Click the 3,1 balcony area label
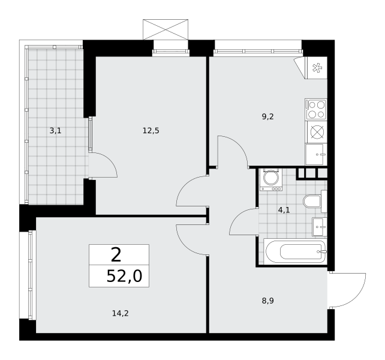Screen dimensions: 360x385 pyautogui.click(x=55, y=130)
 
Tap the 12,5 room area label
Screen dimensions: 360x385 pyautogui.click(x=151, y=130)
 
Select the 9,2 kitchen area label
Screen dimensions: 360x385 pyautogui.click(x=267, y=117)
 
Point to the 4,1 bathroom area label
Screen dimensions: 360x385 pyautogui.click(x=284, y=210)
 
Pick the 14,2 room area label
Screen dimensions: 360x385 pyautogui.click(x=119, y=312)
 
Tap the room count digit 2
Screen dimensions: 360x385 pyautogui.click(x=116, y=255)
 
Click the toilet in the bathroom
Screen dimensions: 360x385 pyautogui.click(x=312, y=202)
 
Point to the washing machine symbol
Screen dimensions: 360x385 pyautogui.click(x=271, y=179)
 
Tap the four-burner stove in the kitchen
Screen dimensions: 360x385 pyautogui.click(x=316, y=109)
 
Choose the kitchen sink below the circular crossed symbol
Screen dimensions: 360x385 pyautogui.click(x=315, y=154)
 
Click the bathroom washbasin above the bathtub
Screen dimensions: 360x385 pyautogui.click(x=319, y=226)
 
